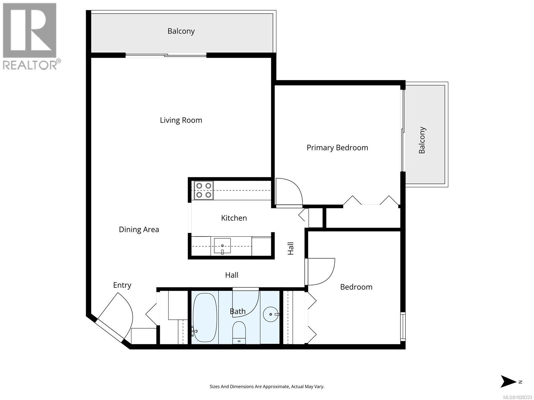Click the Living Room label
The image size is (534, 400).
[181, 120]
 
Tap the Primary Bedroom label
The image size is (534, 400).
[337, 148]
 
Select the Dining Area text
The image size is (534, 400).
[139, 230]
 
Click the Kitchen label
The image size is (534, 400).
[234, 218]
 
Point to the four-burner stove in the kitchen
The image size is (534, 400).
[204, 190]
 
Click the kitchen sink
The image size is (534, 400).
[222, 246]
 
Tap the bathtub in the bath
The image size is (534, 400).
[205, 317]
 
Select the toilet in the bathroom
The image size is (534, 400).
[239, 332]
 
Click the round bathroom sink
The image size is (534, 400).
[271, 314]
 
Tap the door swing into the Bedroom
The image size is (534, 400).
[320, 272]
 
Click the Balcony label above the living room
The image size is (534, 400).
[181, 31]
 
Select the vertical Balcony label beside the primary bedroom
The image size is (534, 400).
[422, 140]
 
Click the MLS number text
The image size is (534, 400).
[517, 397]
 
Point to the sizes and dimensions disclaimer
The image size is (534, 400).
[267, 387]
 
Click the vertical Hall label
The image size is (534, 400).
[291, 249]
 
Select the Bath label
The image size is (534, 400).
[238, 311]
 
